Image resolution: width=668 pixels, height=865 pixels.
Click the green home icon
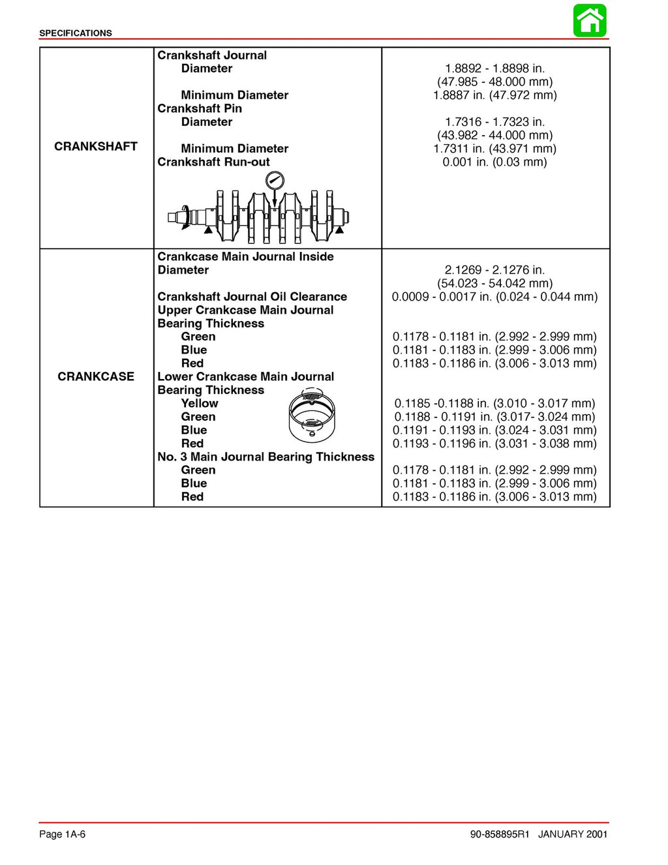[590, 21]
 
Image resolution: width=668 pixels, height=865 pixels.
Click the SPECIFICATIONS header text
[76, 33]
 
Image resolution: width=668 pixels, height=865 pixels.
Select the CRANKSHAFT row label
[96, 147]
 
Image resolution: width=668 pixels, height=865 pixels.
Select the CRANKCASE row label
[96, 376]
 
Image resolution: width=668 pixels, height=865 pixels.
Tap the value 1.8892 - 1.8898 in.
[494, 68]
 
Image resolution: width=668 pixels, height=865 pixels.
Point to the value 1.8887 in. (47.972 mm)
[494, 95]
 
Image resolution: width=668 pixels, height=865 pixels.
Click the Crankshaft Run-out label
[213, 162]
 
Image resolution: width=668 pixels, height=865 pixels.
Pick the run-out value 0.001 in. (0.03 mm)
[494, 162]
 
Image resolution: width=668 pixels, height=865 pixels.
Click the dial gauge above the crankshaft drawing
[275, 181]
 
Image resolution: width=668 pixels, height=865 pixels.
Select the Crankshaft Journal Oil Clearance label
[252, 297]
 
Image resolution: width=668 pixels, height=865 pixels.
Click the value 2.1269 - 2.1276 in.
[494, 270]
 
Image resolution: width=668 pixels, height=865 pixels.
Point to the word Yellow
[200, 404]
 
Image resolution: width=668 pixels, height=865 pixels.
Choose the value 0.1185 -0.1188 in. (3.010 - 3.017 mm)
[494, 404]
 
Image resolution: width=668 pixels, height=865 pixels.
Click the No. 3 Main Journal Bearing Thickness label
[266, 457]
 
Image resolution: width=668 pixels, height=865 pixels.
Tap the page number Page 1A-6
[63, 834]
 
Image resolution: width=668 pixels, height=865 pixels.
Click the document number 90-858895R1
[500, 834]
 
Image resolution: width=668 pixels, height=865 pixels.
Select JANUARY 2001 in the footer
[573, 834]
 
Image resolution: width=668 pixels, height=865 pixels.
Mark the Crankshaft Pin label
[200, 109]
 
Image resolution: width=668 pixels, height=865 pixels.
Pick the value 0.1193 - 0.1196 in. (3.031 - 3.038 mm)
[494, 444]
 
